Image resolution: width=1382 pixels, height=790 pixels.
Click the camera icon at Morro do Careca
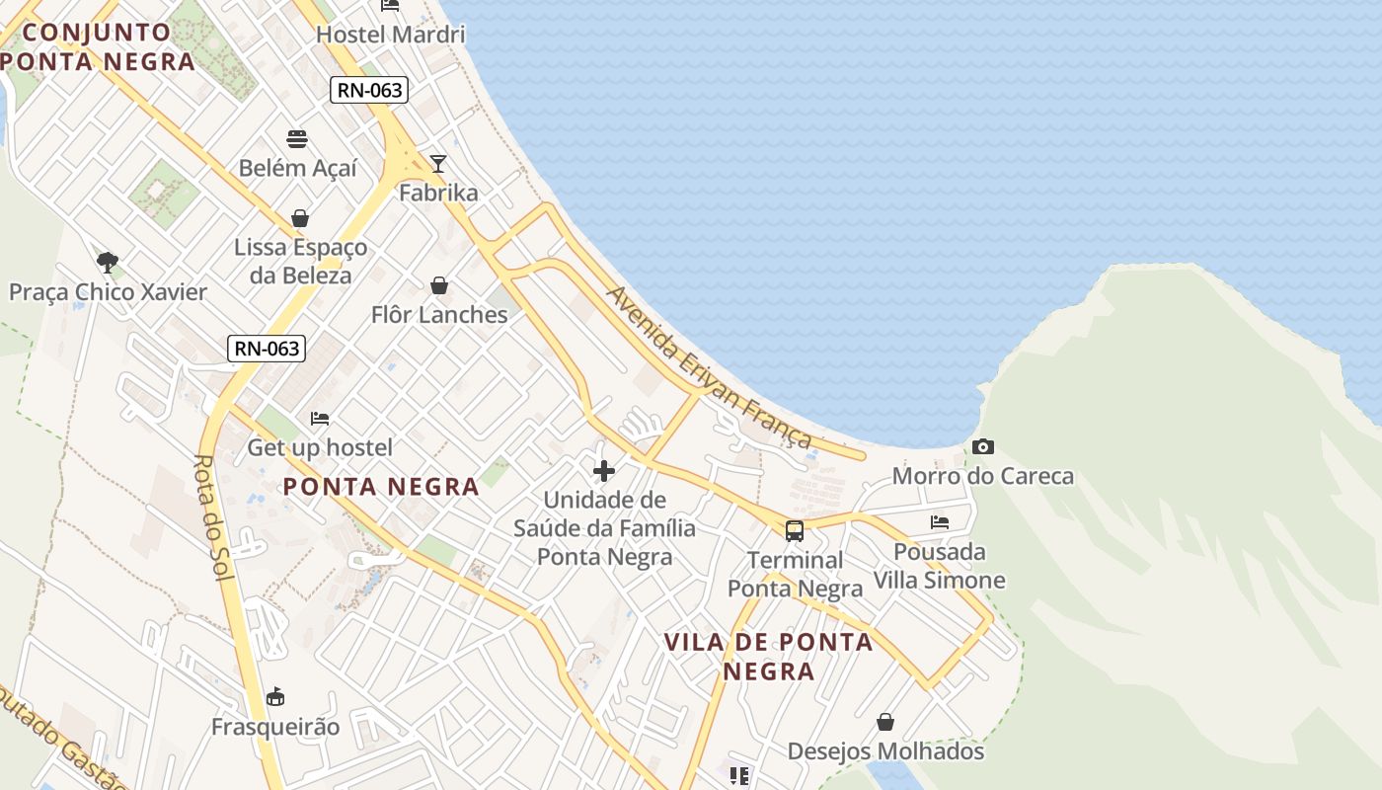(x=982, y=447)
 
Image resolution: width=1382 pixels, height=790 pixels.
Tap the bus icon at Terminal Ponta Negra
(x=795, y=531)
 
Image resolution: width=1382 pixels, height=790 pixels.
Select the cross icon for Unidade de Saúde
(x=604, y=471)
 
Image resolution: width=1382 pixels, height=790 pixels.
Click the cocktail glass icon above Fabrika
(x=438, y=164)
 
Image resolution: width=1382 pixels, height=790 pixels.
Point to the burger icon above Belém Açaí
(x=297, y=138)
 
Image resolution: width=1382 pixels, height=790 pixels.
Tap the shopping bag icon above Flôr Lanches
(x=439, y=286)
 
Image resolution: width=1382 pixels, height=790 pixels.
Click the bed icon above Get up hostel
(x=319, y=419)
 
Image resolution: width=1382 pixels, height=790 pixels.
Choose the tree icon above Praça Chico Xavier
(x=108, y=263)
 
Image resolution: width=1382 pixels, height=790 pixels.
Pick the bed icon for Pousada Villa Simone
(x=940, y=522)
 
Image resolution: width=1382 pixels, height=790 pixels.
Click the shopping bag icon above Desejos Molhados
(x=885, y=722)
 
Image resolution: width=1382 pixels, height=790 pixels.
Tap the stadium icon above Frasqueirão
(x=275, y=697)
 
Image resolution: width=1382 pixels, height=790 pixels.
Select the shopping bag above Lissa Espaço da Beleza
(x=300, y=218)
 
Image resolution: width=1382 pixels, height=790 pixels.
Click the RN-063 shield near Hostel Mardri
(x=369, y=91)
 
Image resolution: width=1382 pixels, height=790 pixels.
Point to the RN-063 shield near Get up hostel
(x=266, y=349)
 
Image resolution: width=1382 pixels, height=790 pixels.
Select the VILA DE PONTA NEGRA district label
(x=768, y=657)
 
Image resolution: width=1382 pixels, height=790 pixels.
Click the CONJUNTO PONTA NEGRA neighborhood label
(x=97, y=46)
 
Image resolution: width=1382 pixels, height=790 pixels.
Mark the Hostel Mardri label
(x=390, y=35)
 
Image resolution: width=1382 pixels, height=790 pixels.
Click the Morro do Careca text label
(x=982, y=476)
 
